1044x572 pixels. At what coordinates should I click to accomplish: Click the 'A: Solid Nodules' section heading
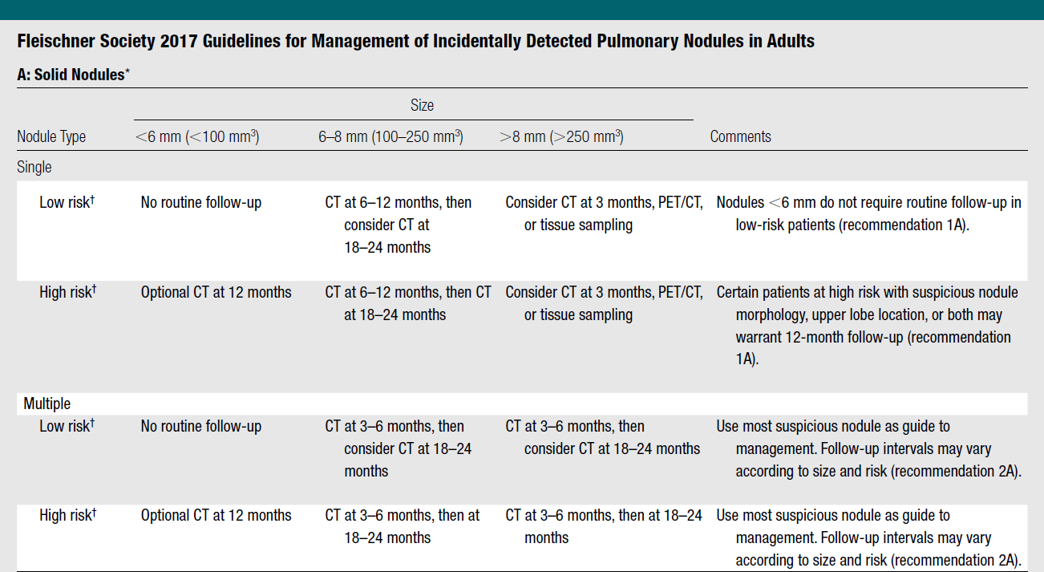tap(73, 75)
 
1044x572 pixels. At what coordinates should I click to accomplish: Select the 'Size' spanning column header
tap(422, 105)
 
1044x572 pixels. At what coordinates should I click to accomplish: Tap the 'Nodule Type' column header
tap(51, 136)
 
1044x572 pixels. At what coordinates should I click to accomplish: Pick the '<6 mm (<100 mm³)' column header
tap(197, 136)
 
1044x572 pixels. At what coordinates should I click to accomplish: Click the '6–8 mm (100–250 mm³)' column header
tap(390, 136)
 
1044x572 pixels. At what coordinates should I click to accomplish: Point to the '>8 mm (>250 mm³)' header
tap(561, 136)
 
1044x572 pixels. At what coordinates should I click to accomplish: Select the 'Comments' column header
tap(740, 136)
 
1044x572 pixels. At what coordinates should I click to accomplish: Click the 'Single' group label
tap(34, 167)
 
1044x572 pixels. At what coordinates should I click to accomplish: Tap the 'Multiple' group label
tap(47, 404)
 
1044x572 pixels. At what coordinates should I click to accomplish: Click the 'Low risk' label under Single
tap(67, 202)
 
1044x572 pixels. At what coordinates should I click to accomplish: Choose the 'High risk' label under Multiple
tap(67, 515)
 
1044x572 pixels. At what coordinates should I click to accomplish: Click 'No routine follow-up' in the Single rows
tap(201, 202)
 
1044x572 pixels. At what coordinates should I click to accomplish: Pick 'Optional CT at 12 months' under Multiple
tap(216, 515)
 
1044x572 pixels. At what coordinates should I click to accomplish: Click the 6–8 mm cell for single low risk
tap(398, 225)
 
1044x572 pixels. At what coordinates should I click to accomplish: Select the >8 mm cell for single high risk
tap(604, 303)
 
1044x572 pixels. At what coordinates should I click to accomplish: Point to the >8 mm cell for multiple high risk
tap(604, 526)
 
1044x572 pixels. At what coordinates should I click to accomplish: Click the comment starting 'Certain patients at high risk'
tap(867, 326)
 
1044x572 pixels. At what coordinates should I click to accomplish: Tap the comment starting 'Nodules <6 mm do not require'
tap(868, 213)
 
